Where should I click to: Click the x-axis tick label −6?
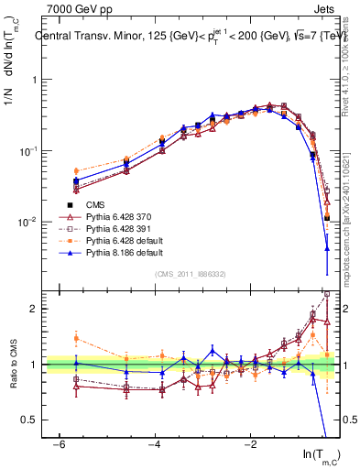click(59, 444)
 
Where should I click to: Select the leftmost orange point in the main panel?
click(76, 171)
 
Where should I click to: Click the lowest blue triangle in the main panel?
click(327, 248)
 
